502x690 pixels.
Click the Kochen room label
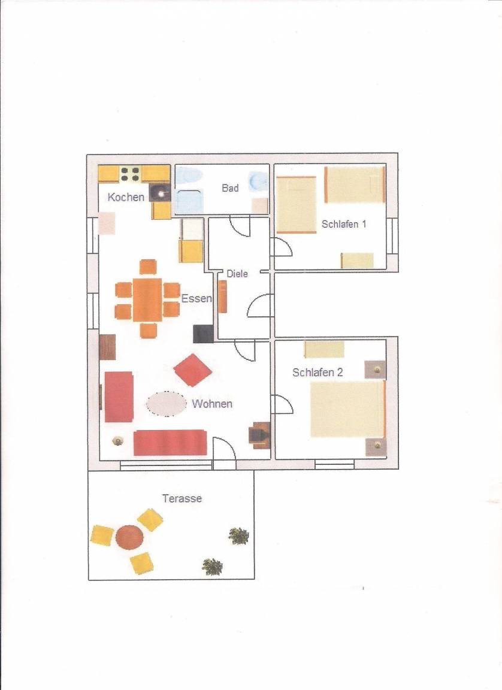[126, 197]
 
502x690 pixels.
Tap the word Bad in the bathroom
[230, 188]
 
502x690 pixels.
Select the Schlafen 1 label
[344, 224]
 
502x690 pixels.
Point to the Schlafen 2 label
[317, 373]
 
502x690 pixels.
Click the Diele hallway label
[237, 274]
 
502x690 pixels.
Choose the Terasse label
[182, 498]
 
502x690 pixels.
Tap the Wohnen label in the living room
[212, 404]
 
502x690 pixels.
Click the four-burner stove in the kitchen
[130, 173]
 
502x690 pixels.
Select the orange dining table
[147, 299]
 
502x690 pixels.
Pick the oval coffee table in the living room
[167, 404]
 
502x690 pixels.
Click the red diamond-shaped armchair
[193, 370]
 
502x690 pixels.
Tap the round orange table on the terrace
[129, 537]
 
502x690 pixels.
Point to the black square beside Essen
[203, 334]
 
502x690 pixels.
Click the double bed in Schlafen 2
[347, 409]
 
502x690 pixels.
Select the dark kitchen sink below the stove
[160, 193]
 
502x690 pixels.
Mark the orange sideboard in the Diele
[223, 296]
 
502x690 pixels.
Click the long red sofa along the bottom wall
[170, 443]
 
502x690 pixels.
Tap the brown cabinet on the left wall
[107, 347]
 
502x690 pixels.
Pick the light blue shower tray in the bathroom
[189, 201]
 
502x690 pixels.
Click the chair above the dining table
[148, 267]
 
